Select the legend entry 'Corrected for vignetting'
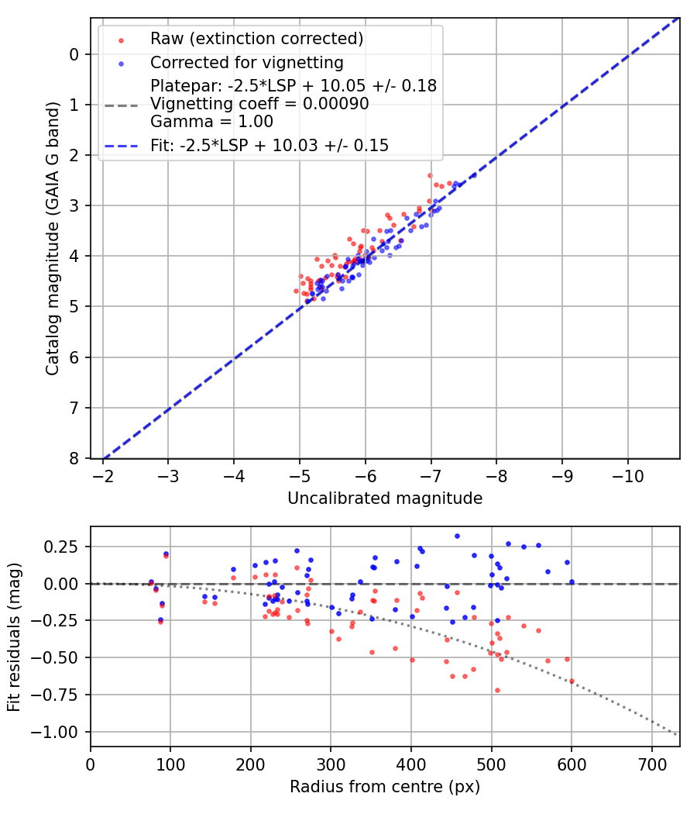(x=246, y=62)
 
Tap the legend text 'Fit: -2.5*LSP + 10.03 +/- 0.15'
(x=270, y=145)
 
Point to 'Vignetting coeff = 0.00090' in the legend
(x=259, y=104)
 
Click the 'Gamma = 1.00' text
(x=211, y=122)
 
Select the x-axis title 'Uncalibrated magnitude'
(x=385, y=498)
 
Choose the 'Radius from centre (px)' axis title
(x=385, y=787)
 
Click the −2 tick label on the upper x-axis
(x=103, y=474)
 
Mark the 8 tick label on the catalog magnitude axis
(x=74, y=458)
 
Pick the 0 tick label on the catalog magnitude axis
(x=74, y=54)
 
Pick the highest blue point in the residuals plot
(x=457, y=536)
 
